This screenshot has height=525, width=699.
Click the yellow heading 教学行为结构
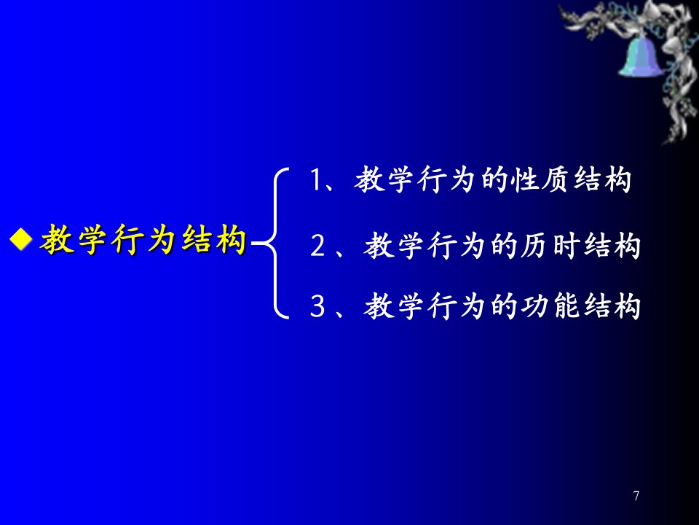[143, 239]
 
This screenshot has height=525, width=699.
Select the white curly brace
[271, 244]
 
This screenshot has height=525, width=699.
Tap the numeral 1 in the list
[315, 180]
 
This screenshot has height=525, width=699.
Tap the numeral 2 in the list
[318, 246]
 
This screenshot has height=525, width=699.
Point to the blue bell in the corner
[641, 57]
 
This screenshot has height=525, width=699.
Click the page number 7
[636, 496]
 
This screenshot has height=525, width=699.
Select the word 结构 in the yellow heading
[214, 239]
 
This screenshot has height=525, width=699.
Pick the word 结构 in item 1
[602, 180]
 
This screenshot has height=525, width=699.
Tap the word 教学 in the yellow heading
[73, 239]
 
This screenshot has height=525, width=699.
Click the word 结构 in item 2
[612, 246]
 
